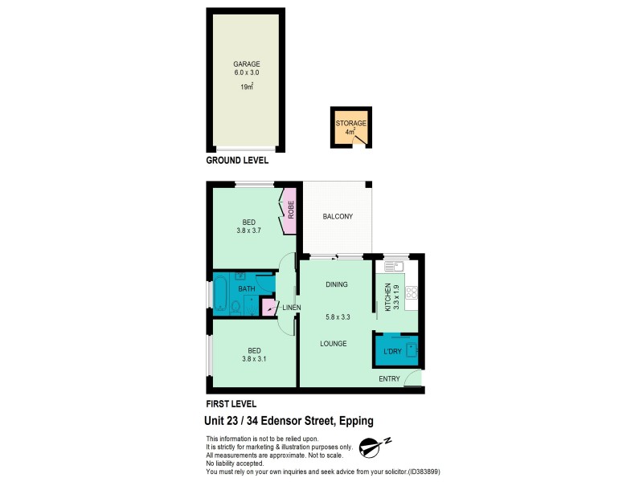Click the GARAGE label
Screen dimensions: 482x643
(247, 63)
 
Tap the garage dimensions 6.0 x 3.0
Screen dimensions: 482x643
(247, 72)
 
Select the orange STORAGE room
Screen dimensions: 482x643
(350, 128)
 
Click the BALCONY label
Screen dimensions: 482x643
(338, 217)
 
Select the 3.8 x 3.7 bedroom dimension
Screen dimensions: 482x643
(249, 230)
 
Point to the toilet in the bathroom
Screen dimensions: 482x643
(235, 305)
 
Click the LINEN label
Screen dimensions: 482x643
(291, 307)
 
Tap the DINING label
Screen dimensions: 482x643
(336, 284)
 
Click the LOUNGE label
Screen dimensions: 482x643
(332, 344)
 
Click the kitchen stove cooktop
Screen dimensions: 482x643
(411, 294)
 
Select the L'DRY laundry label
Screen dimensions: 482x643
(392, 352)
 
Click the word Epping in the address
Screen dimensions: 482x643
(354, 420)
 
